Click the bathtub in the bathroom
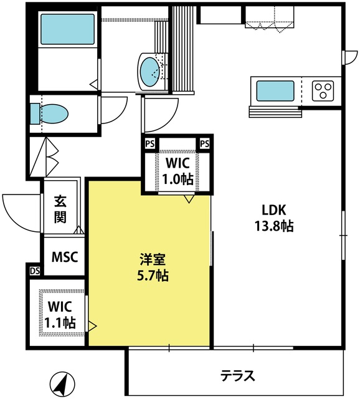tap(67, 29)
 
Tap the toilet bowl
tap(54, 113)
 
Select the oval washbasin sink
tap(150, 72)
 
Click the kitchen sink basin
tap(275, 91)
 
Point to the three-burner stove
tap(323, 91)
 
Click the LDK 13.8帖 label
tap(274, 218)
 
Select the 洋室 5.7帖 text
tap(153, 267)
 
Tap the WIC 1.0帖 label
tap(178, 171)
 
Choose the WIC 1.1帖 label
tap(60, 314)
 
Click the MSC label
tap(65, 257)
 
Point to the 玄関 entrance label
tap(60, 209)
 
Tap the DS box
tap(35, 271)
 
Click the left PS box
tap(150, 144)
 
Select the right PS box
tap(205, 144)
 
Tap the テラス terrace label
tap(237, 375)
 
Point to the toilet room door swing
tap(119, 114)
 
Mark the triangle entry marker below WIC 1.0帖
tap(189, 199)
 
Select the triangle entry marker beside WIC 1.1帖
tap(92, 325)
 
